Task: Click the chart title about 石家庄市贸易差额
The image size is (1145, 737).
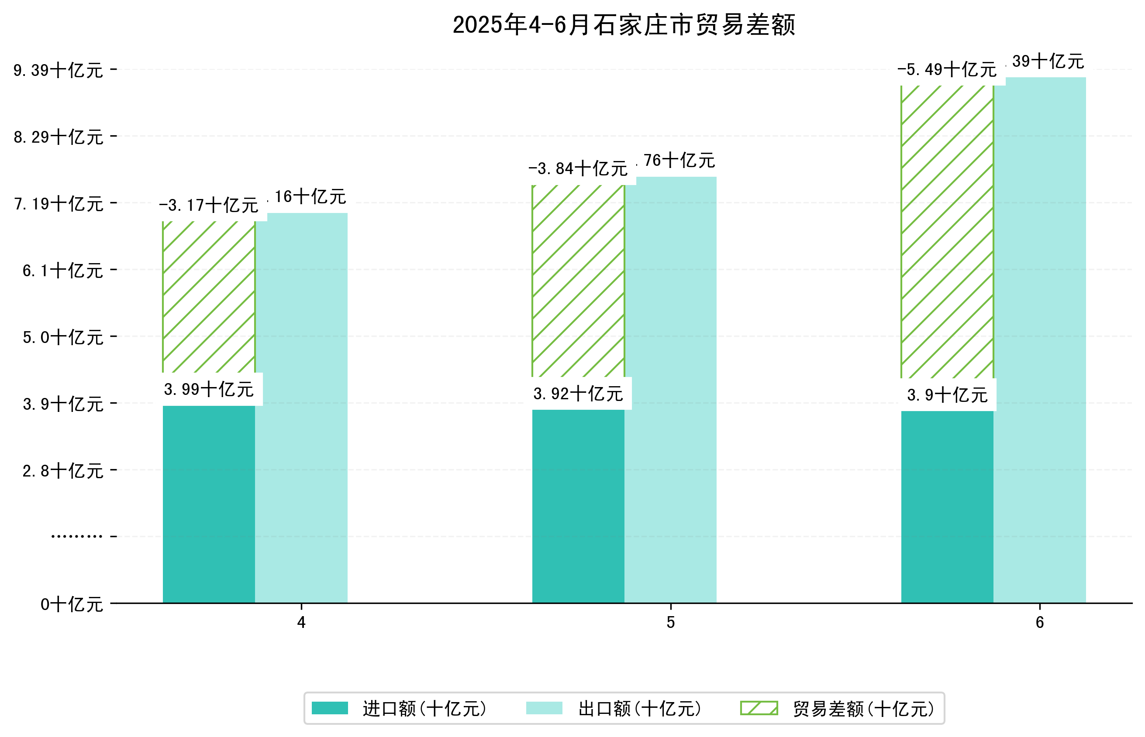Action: point(624,25)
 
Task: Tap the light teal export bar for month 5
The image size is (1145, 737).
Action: point(670,390)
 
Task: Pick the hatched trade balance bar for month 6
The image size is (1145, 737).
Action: point(947,232)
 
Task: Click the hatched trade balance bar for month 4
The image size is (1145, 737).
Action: point(209,297)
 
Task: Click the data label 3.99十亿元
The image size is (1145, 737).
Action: point(209,389)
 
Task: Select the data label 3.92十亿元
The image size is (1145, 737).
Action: point(578,394)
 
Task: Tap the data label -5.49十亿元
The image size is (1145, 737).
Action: point(947,70)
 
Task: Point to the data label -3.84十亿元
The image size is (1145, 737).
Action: point(578,168)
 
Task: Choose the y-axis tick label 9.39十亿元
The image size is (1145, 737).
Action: point(59,70)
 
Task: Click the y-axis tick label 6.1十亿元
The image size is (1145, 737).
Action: point(63,271)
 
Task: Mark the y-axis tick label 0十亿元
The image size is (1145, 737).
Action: point(72,604)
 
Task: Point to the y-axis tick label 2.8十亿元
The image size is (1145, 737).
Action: point(63,471)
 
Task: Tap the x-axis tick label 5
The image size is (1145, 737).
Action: point(670,622)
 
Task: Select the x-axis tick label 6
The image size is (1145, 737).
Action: point(1040,622)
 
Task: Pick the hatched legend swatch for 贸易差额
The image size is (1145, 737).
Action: point(759,708)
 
